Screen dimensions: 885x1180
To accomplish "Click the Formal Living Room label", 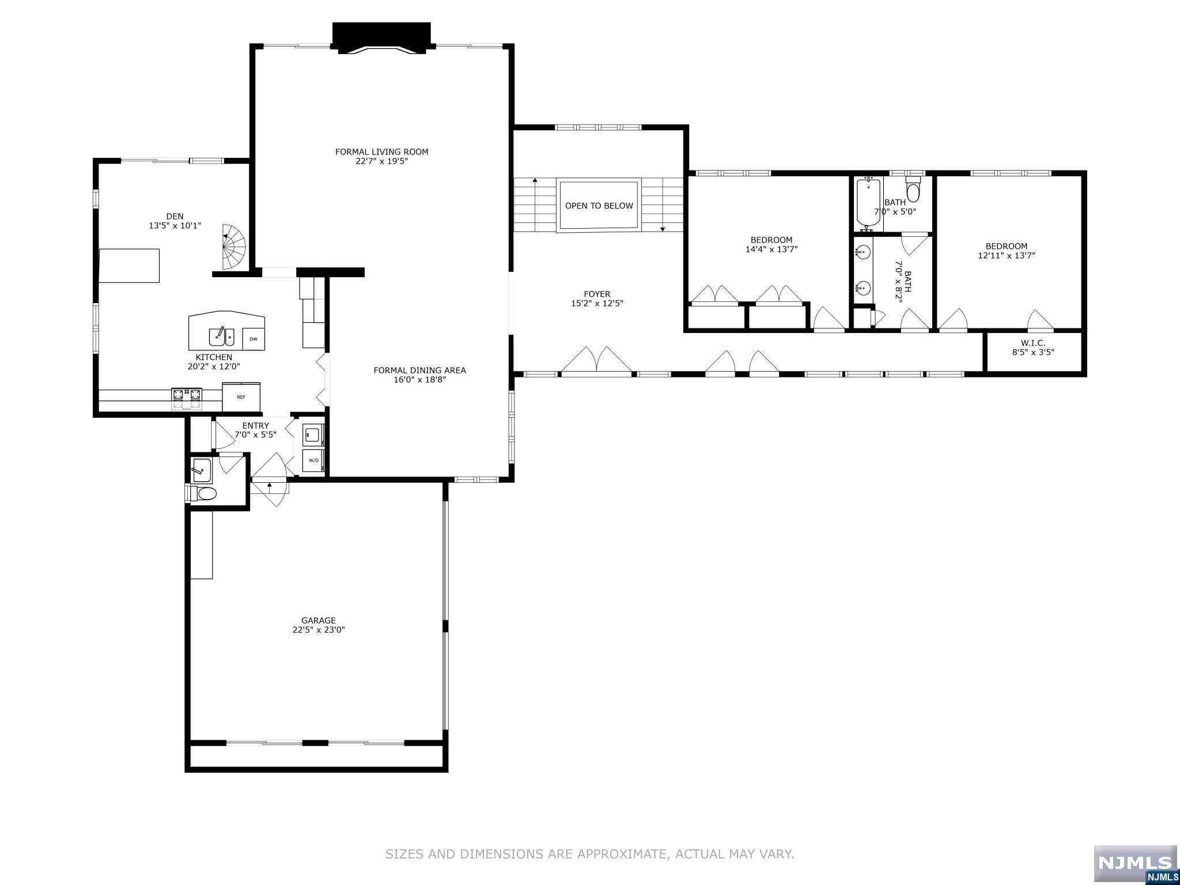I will [381, 152].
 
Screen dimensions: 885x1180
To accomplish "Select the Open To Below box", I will [599, 206].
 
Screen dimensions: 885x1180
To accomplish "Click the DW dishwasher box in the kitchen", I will [254, 339].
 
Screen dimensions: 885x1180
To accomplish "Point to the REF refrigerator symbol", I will [241, 397].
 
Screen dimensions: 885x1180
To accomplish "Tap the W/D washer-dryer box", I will [313, 460].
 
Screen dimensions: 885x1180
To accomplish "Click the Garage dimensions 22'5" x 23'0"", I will [318, 630].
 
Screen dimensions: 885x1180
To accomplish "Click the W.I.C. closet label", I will [1033, 343].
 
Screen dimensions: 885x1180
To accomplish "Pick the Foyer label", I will [596, 294].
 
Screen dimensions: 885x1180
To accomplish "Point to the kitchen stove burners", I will [187, 395].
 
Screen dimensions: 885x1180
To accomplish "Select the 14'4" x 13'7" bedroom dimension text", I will [771, 249].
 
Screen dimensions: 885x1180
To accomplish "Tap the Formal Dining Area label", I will [419, 370].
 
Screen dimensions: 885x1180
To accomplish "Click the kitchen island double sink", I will [221, 335].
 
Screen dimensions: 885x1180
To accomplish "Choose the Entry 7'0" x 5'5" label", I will [255, 430].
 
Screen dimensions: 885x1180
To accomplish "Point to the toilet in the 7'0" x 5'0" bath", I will [913, 190].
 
